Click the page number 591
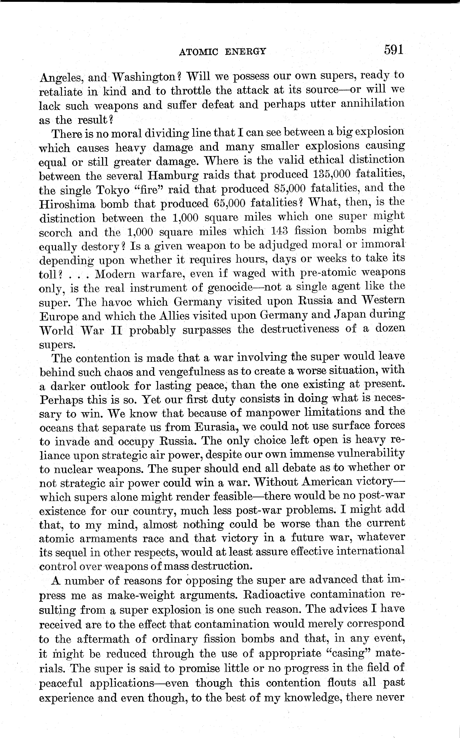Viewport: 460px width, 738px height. tap(393, 50)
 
